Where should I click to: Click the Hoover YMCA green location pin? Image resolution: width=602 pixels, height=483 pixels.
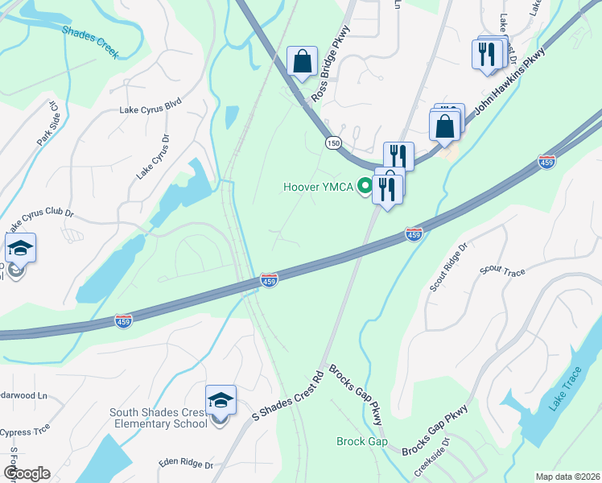click(365, 187)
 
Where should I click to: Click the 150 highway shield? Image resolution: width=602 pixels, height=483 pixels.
click(332, 142)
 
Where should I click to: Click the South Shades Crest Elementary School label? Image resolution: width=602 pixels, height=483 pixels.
click(159, 418)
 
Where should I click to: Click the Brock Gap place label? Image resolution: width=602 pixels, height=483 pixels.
click(362, 441)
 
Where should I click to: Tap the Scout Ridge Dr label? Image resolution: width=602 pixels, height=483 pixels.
click(448, 268)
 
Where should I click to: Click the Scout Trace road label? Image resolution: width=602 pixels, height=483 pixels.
click(502, 271)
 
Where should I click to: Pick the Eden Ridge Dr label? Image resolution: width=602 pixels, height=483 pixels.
click(186, 464)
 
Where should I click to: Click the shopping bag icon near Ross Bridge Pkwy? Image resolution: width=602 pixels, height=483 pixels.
click(302, 61)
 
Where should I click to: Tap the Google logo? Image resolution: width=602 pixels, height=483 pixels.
click(27, 473)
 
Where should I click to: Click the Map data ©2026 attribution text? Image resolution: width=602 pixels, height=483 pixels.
click(567, 477)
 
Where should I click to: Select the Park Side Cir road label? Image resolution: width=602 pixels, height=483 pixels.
click(47, 123)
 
